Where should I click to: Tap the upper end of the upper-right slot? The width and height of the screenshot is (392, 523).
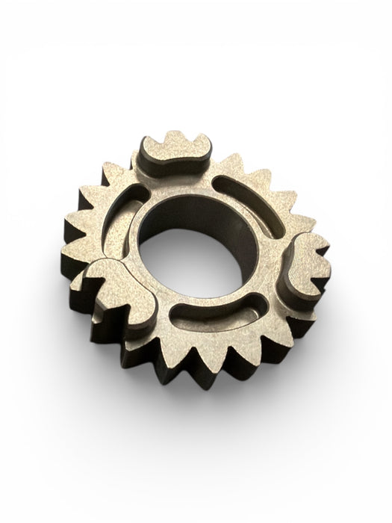(220, 182)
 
